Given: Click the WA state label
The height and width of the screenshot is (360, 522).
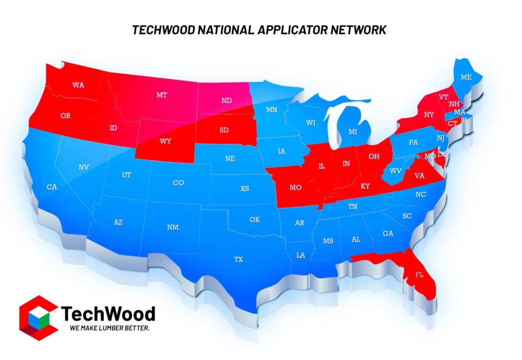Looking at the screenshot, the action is [x=78, y=85].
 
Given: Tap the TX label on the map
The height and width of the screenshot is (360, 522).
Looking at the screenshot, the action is [x=239, y=259].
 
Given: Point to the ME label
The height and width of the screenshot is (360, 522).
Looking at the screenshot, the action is [x=465, y=77].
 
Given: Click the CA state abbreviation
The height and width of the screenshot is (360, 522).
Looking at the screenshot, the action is [x=51, y=187].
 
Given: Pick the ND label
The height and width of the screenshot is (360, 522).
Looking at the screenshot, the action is [x=227, y=100].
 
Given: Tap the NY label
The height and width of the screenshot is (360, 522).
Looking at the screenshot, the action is [x=429, y=114].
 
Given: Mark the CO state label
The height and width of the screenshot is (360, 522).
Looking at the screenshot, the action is [x=179, y=183].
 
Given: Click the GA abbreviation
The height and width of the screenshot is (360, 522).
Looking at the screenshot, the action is [x=388, y=234].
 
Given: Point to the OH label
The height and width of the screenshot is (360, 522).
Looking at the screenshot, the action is [x=374, y=156].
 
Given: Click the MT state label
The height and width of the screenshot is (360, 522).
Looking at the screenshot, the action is [x=161, y=95].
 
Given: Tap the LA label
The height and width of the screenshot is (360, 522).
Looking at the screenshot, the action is [x=301, y=256].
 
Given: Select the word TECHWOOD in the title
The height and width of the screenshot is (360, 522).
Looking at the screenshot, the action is [x=163, y=30].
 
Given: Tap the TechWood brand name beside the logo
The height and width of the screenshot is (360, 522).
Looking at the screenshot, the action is [x=109, y=313].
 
